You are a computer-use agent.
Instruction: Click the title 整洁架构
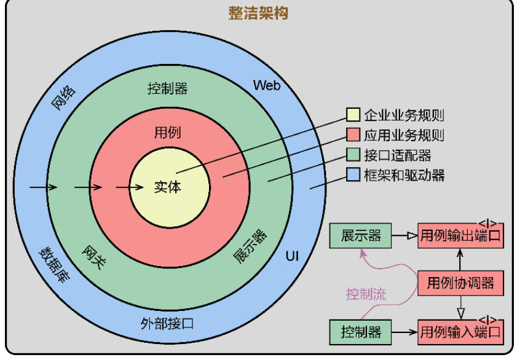(x=258, y=13)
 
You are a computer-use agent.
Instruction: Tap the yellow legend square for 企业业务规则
(x=353, y=115)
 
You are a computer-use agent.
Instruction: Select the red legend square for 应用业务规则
(x=353, y=135)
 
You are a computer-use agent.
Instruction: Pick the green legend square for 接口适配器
(x=353, y=155)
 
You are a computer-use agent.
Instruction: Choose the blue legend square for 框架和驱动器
(x=353, y=175)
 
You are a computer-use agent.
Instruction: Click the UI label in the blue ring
(x=292, y=255)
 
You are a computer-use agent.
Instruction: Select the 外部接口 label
(x=167, y=323)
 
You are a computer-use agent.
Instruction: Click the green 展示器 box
(x=361, y=236)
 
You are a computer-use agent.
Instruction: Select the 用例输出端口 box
(x=460, y=236)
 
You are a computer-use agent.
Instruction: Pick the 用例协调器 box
(x=460, y=283)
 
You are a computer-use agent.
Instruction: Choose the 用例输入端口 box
(x=460, y=332)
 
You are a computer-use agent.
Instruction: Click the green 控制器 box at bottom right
(x=361, y=332)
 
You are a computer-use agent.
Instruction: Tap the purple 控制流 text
(x=366, y=294)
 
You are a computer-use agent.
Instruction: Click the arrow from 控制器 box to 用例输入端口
(x=405, y=332)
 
